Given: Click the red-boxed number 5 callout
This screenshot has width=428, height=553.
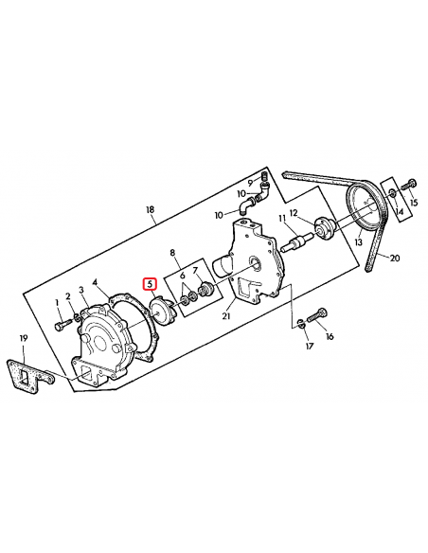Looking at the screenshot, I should coord(148,283).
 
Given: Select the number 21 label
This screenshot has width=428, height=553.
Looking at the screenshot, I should coord(225,316).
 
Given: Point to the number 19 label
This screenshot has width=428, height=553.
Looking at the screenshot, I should coord(24,339).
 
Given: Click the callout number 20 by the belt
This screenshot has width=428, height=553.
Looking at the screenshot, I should coord(395,259).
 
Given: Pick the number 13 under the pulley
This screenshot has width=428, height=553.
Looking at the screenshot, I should coord(359,241).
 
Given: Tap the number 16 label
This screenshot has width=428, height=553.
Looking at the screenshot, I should coord(330,336).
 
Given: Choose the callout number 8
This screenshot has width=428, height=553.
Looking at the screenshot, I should coord(173,253).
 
